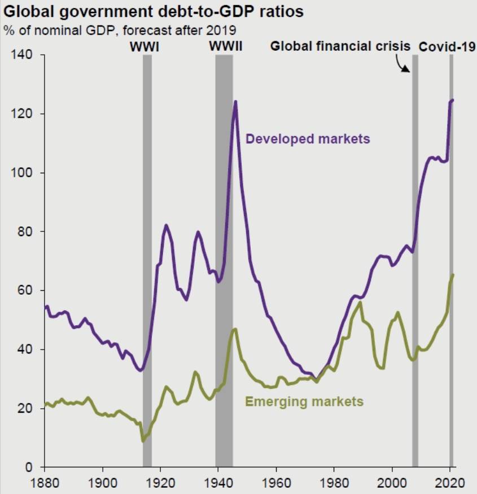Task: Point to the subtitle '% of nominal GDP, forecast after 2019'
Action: point(120,29)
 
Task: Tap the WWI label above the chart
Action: point(145,46)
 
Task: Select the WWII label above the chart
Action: point(226,46)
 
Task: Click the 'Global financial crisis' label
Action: point(340,46)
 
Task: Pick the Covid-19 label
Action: point(447,46)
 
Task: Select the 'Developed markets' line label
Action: point(308,138)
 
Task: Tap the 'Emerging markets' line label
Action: point(304,402)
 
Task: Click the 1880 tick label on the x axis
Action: point(43,483)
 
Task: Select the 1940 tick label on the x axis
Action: point(217,483)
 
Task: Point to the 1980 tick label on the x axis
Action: point(333,483)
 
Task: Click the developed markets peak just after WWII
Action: point(235,102)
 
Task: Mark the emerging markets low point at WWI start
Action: point(143,441)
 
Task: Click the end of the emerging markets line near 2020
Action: point(453,274)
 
